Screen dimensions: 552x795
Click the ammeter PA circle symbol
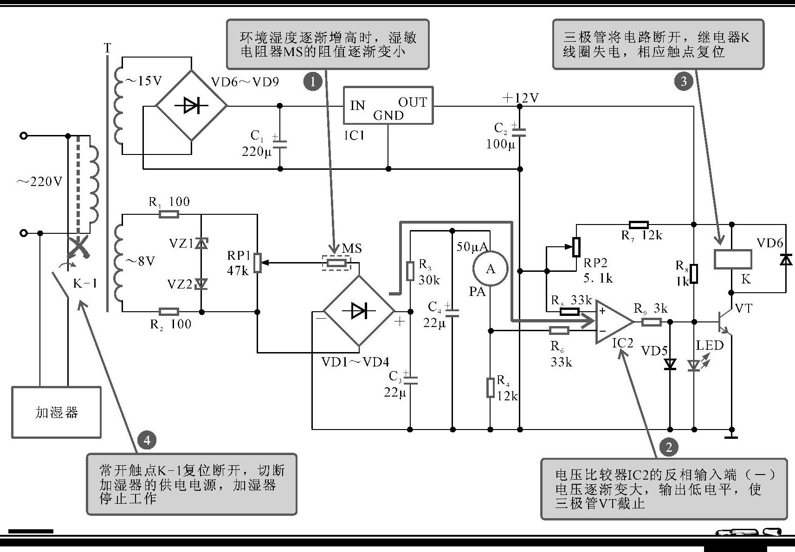(x=490, y=269)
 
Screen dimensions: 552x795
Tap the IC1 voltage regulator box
(x=388, y=105)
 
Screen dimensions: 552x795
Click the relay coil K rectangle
(x=732, y=259)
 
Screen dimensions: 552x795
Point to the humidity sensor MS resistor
(x=336, y=263)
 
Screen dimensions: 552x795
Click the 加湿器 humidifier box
(x=56, y=412)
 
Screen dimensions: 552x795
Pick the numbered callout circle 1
(x=313, y=82)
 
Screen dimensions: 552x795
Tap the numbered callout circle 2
(x=669, y=447)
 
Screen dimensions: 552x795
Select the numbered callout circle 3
(x=683, y=82)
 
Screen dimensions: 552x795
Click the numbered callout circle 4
(x=147, y=440)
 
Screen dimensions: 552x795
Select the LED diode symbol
(x=694, y=366)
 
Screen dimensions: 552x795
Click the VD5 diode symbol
(x=670, y=365)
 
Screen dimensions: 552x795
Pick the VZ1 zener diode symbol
(x=201, y=243)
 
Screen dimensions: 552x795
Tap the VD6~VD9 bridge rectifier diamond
(x=191, y=106)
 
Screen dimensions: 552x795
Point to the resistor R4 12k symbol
(x=490, y=388)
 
